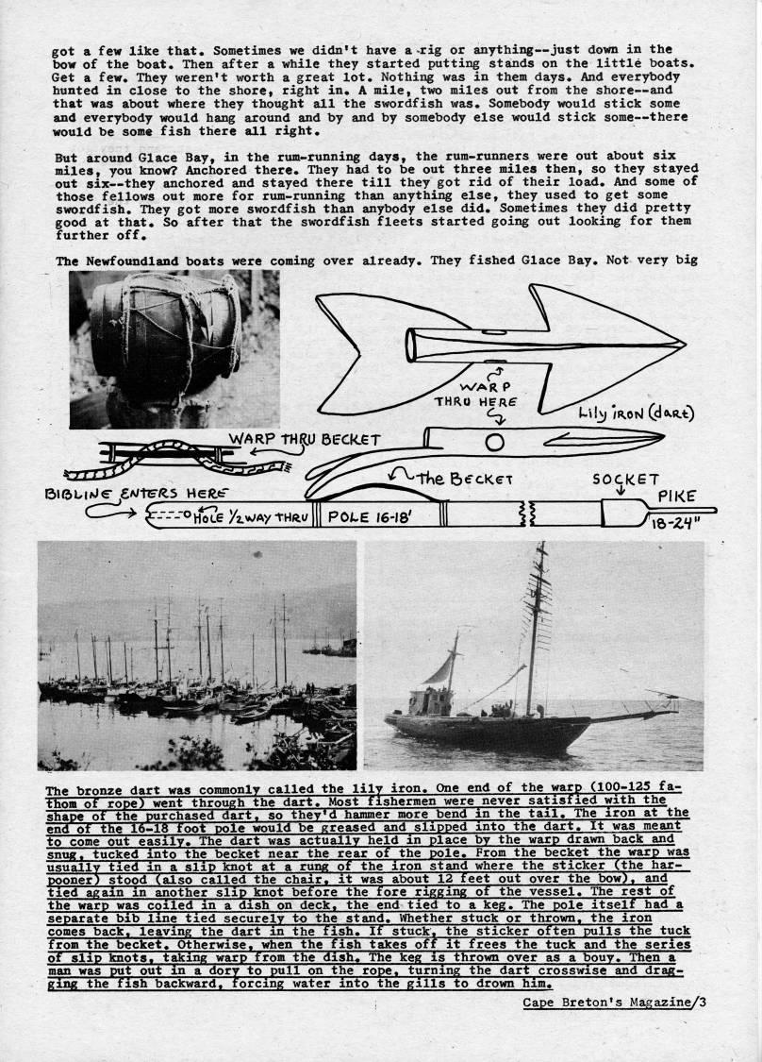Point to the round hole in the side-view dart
[495, 441]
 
